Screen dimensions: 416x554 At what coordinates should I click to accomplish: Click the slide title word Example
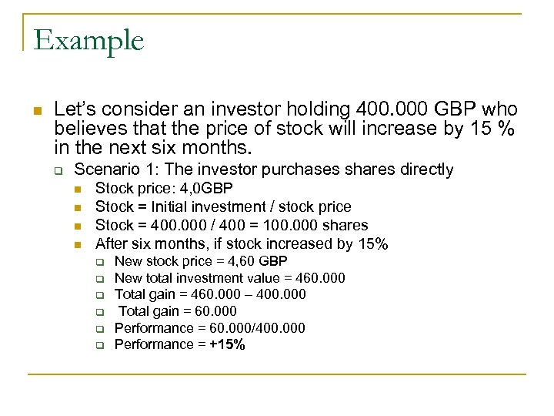[88, 40]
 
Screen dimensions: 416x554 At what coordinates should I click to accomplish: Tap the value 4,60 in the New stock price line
[235, 261]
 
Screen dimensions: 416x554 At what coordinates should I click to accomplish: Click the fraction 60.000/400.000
[249, 328]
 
